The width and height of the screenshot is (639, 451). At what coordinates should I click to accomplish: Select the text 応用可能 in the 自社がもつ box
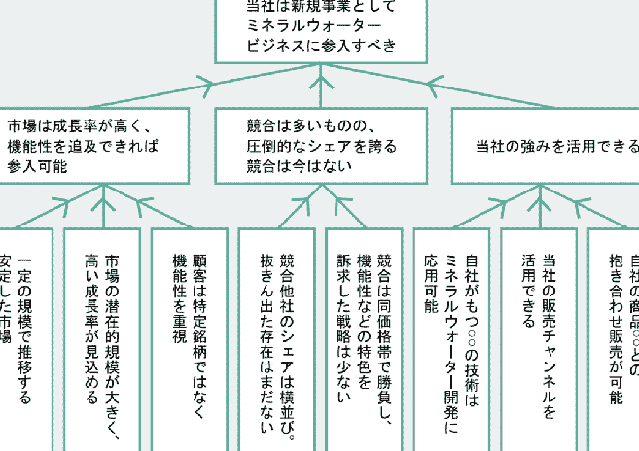pyautogui.click(x=432, y=283)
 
